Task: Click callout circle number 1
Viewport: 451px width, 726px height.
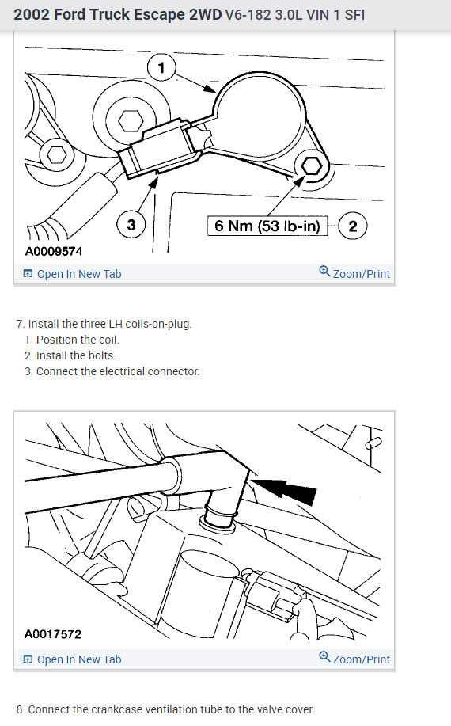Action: click(x=161, y=67)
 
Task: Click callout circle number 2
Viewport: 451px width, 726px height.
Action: click(x=352, y=226)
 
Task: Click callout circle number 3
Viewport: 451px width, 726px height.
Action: click(x=131, y=225)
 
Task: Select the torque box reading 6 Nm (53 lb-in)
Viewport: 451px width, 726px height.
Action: click(x=267, y=226)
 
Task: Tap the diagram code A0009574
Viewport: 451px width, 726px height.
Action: click(x=54, y=252)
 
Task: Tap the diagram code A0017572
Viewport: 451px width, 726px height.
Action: click(x=53, y=634)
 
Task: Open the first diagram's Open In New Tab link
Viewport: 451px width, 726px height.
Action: click(x=72, y=274)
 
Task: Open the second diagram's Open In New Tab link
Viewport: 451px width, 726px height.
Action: click(x=72, y=659)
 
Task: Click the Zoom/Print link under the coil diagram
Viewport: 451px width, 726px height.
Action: click(x=354, y=273)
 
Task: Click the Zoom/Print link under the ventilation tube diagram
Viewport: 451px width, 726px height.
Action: click(x=354, y=659)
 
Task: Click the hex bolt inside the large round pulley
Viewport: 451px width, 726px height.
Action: click(x=131, y=122)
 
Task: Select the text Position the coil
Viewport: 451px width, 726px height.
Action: click(x=78, y=340)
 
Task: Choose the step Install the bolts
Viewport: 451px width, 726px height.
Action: click(x=76, y=355)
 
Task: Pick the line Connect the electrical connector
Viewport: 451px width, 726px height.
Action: click(x=118, y=371)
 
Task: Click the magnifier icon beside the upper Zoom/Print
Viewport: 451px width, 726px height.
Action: click(x=324, y=272)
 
